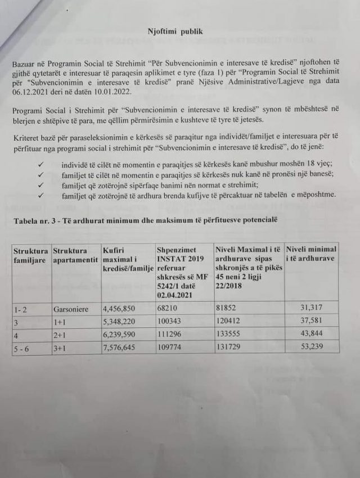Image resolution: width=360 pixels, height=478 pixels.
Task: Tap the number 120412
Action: (229, 322)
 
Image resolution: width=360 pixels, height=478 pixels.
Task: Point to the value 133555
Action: (229, 335)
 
